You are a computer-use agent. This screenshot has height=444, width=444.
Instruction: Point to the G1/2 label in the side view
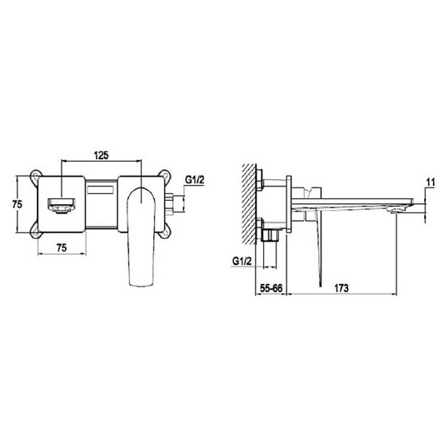coord(242,260)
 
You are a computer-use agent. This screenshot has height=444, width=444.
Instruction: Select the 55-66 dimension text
coord(270,287)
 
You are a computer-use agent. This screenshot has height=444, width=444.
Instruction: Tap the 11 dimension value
coord(430,180)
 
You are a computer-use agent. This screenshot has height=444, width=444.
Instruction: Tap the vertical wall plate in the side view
coord(288,205)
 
